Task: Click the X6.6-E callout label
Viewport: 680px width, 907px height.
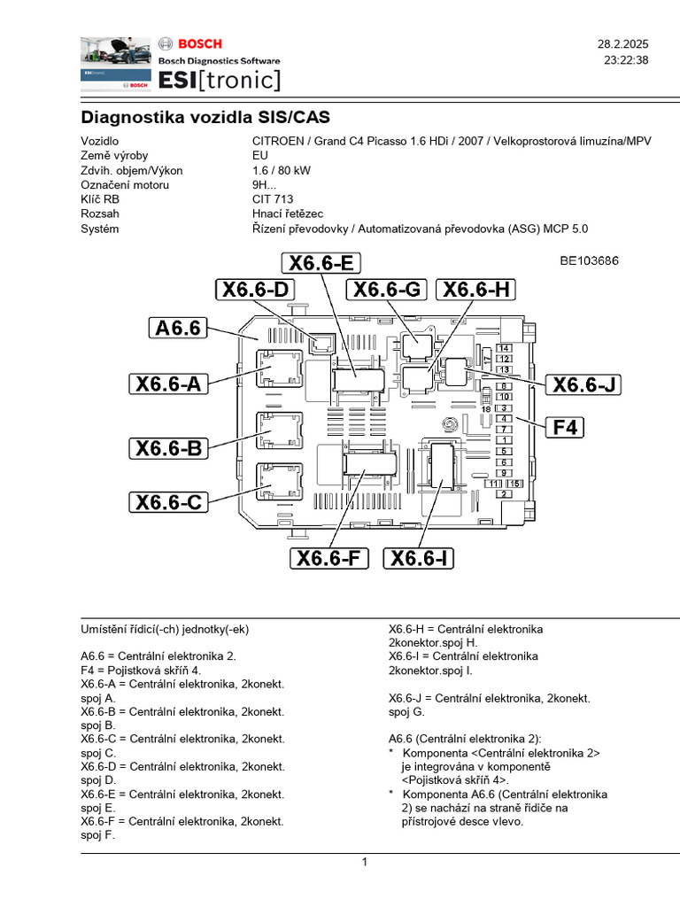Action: tap(321, 262)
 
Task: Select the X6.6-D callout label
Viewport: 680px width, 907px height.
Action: tap(255, 290)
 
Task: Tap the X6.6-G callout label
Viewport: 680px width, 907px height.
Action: tap(387, 290)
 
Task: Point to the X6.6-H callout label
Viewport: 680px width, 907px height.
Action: tap(476, 290)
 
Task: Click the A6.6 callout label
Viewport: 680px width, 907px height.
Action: tap(180, 329)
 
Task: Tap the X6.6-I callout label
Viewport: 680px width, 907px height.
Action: tap(421, 558)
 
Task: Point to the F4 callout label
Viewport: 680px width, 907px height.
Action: tap(565, 428)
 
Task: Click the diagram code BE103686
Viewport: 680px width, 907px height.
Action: tap(588, 261)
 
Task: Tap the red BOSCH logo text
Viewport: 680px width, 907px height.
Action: tap(201, 43)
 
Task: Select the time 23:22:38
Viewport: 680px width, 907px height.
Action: tap(626, 60)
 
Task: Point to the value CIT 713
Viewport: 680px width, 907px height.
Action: tap(273, 199)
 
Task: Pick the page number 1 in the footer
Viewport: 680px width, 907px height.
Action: tap(364, 863)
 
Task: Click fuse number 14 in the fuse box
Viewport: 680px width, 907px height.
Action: tap(504, 348)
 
